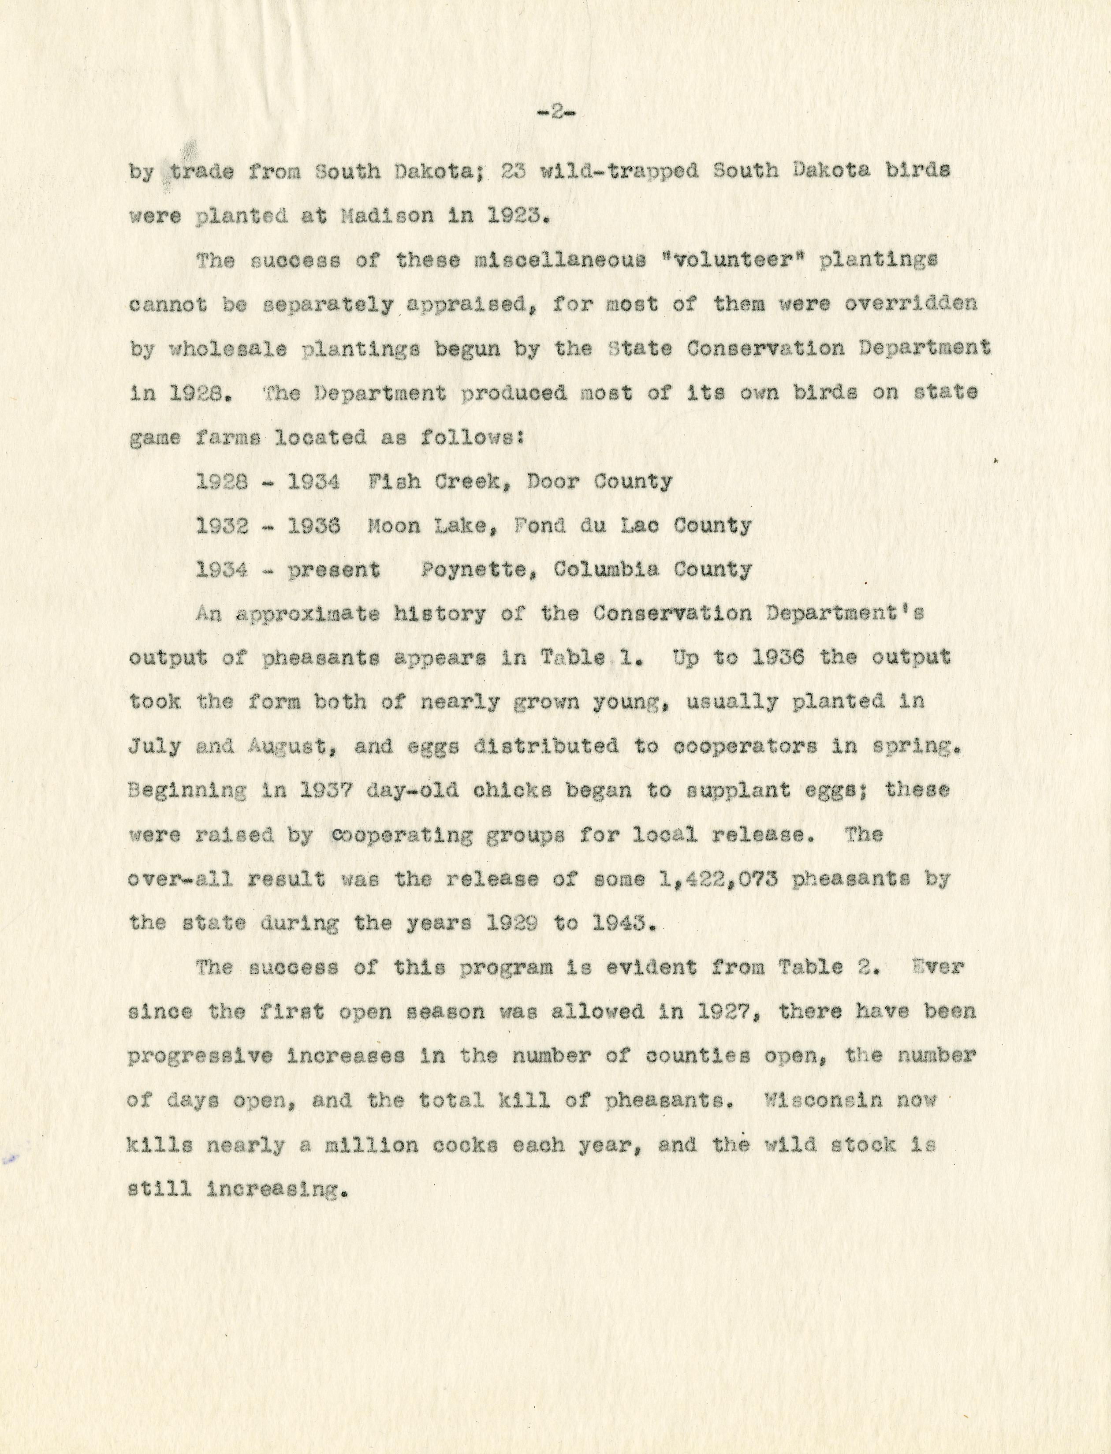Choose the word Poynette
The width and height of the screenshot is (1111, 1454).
(x=477, y=570)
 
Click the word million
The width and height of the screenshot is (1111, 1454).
(x=367, y=1144)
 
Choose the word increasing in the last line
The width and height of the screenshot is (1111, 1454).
(x=277, y=1189)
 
